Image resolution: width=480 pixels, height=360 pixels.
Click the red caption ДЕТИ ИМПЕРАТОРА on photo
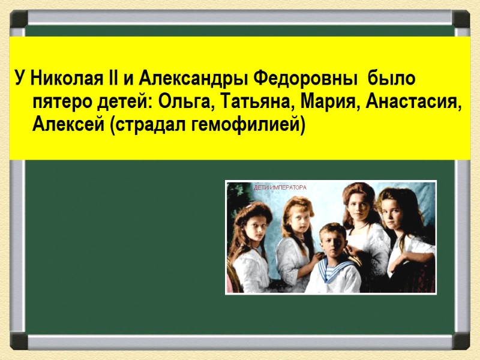(x=280, y=188)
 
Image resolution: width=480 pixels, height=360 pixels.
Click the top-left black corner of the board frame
(x=18, y=18)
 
